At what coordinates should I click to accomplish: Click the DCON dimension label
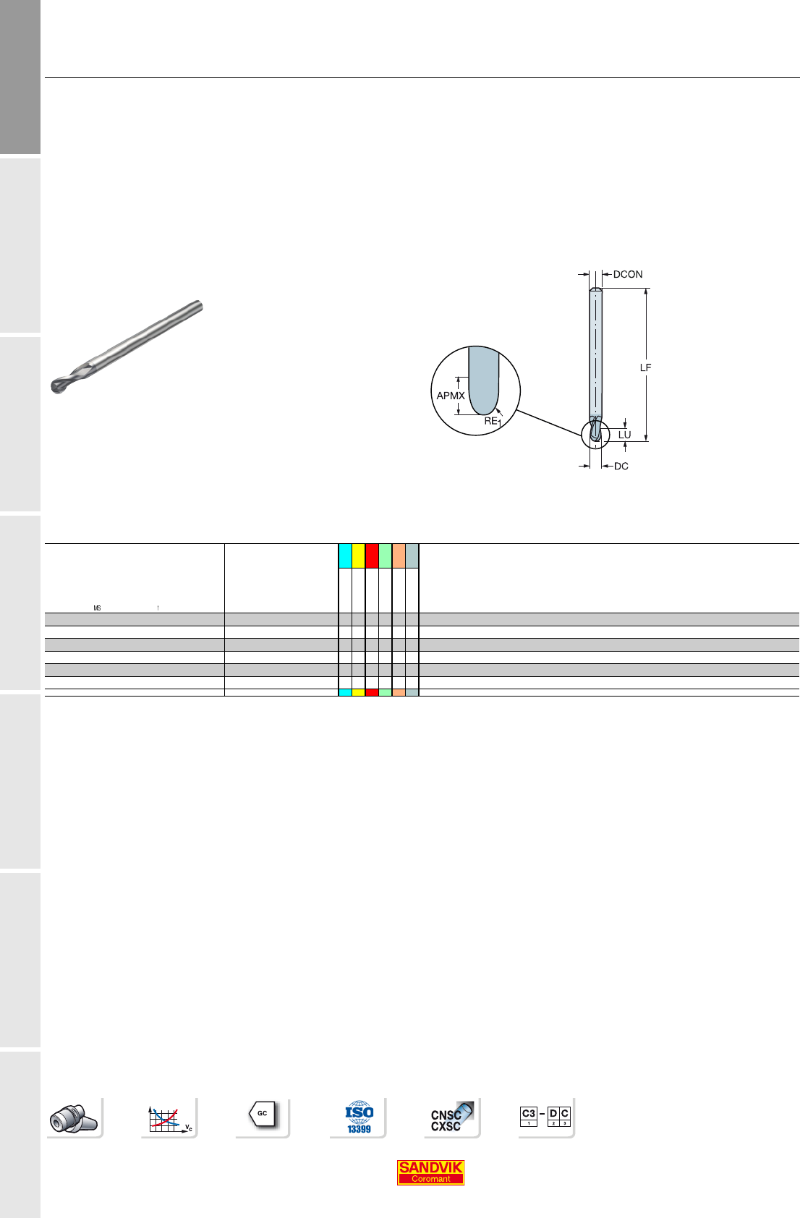[x=628, y=274]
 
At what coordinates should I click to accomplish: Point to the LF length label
[x=645, y=367]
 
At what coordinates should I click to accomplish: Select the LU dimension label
[x=624, y=435]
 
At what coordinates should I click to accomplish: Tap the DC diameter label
[x=621, y=466]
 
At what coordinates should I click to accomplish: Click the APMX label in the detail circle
[x=451, y=396]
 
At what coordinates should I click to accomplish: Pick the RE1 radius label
[x=493, y=422]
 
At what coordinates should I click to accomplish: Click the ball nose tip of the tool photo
[x=56, y=386]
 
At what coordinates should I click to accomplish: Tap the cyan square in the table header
[x=345, y=555]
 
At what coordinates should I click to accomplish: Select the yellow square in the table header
[x=358, y=555]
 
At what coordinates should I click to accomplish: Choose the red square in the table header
[x=372, y=555]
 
